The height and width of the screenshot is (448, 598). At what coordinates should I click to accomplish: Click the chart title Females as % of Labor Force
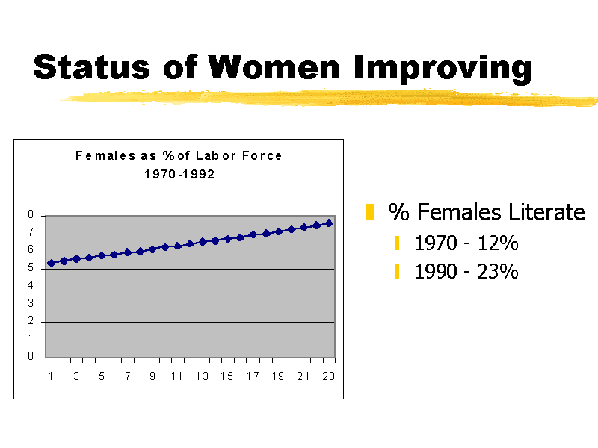click(179, 156)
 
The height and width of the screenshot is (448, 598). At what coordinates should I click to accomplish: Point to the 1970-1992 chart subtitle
click(179, 174)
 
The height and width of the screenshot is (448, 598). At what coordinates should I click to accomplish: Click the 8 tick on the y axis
click(31, 215)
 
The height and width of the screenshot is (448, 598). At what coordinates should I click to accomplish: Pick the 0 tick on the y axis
click(31, 357)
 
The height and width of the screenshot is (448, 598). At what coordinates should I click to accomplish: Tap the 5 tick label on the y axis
click(31, 268)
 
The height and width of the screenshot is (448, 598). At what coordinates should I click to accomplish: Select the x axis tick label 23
click(328, 376)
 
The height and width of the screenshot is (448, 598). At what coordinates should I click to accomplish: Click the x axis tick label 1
click(51, 376)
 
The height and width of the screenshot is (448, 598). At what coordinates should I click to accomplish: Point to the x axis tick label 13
click(202, 376)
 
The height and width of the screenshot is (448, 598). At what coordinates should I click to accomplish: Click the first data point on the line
click(51, 263)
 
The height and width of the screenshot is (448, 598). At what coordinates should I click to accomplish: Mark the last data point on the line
click(328, 223)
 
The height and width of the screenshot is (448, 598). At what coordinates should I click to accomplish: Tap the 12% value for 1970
click(499, 243)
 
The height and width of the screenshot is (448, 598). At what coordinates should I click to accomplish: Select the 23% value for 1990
click(499, 271)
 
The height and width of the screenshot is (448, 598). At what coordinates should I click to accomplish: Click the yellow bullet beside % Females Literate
click(369, 213)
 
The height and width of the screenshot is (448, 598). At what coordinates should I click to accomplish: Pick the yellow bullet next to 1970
click(398, 243)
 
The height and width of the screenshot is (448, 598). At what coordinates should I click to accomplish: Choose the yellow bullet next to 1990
click(398, 271)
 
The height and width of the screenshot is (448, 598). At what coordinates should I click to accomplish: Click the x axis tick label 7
click(127, 376)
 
